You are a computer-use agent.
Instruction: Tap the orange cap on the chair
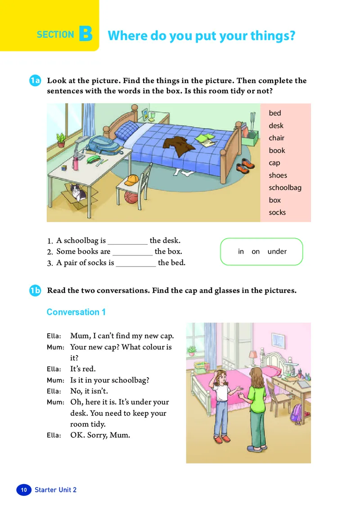pyautogui.click(x=131, y=181)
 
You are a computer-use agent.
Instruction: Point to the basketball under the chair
pyautogui.click(x=130, y=197)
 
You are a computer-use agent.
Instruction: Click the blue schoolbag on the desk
pyautogui.click(x=102, y=145)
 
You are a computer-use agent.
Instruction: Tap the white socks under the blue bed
pyautogui.click(x=182, y=172)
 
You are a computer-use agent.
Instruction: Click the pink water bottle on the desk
pyautogui.click(x=76, y=163)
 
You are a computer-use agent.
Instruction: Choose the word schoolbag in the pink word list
pyautogui.click(x=285, y=188)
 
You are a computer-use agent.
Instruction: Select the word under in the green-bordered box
pyautogui.click(x=277, y=251)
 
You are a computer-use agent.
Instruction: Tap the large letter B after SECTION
pyautogui.click(x=85, y=35)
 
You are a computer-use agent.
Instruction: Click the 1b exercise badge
pyautogui.click(x=35, y=290)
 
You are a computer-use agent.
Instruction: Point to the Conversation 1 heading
pyautogui.click(x=76, y=312)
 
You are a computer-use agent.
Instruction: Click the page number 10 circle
pyautogui.click(x=24, y=490)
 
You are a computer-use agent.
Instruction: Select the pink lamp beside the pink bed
pyautogui.click(x=253, y=355)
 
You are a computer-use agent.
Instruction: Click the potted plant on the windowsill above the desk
pyautogui.click(x=61, y=138)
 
